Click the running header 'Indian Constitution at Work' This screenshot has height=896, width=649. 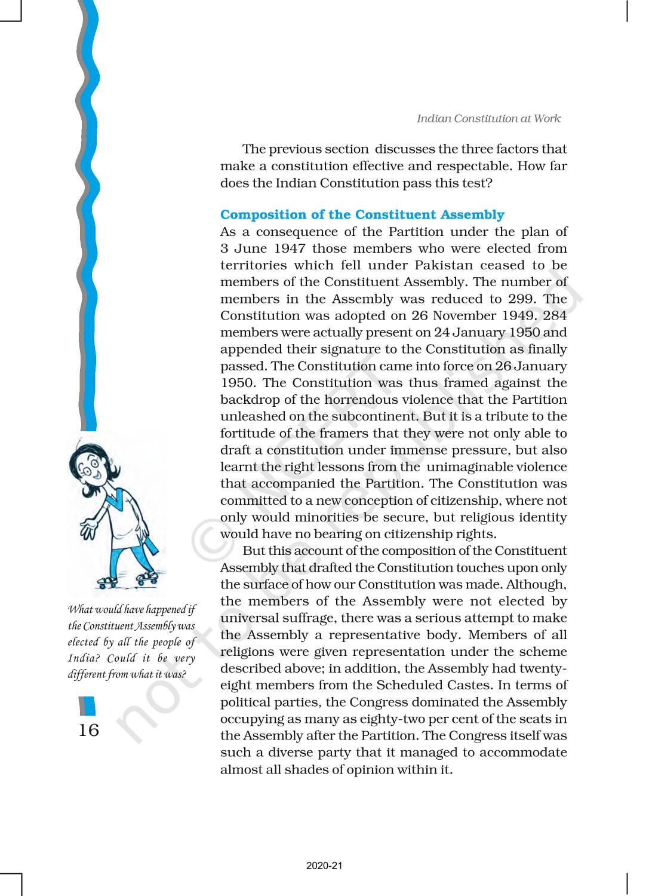pyautogui.click(x=488, y=118)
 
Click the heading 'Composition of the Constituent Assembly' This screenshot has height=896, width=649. pyautogui.click(x=362, y=214)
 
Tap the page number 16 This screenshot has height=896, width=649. pyautogui.click(x=88, y=730)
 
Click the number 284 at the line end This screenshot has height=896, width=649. pyautogui.click(x=555, y=315)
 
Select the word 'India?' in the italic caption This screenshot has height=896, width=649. pyautogui.click(x=83, y=658)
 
